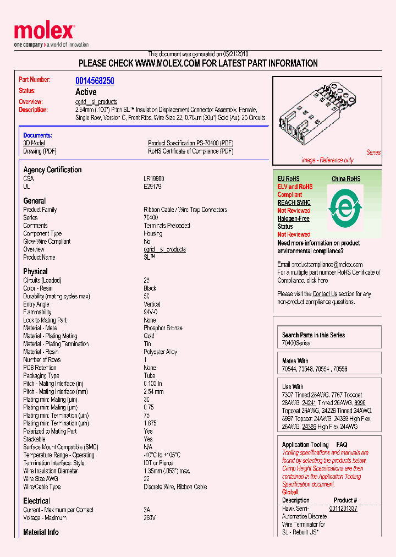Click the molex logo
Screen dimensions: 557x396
click(x=44, y=32)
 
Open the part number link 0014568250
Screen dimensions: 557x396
click(x=95, y=81)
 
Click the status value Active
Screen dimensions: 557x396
click(x=86, y=92)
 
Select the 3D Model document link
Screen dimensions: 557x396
click(x=34, y=143)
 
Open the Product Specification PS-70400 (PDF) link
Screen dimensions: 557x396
click(x=190, y=143)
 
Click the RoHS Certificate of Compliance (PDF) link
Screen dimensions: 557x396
click(x=190, y=151)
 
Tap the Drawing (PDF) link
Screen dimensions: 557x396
click(x=40, y=151)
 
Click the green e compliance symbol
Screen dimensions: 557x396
click(x=345, y=209)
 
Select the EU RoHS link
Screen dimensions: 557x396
click(x=288, y=179)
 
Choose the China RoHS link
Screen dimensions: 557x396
click(x=346, y=179)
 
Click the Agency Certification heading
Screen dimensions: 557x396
click(x=52, y=170)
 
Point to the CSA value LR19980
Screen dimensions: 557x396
click(x=153, y=179)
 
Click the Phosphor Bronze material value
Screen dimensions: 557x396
click(x=163, y=328)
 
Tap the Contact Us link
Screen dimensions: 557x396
click(x=324, y=294)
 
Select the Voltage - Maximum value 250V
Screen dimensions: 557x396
click(x=150, y=518)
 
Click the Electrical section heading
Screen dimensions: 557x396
click(x=36, y=501)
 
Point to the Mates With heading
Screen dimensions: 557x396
click(x=295, y=361)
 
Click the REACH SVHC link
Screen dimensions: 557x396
click(x=294, y=203)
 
